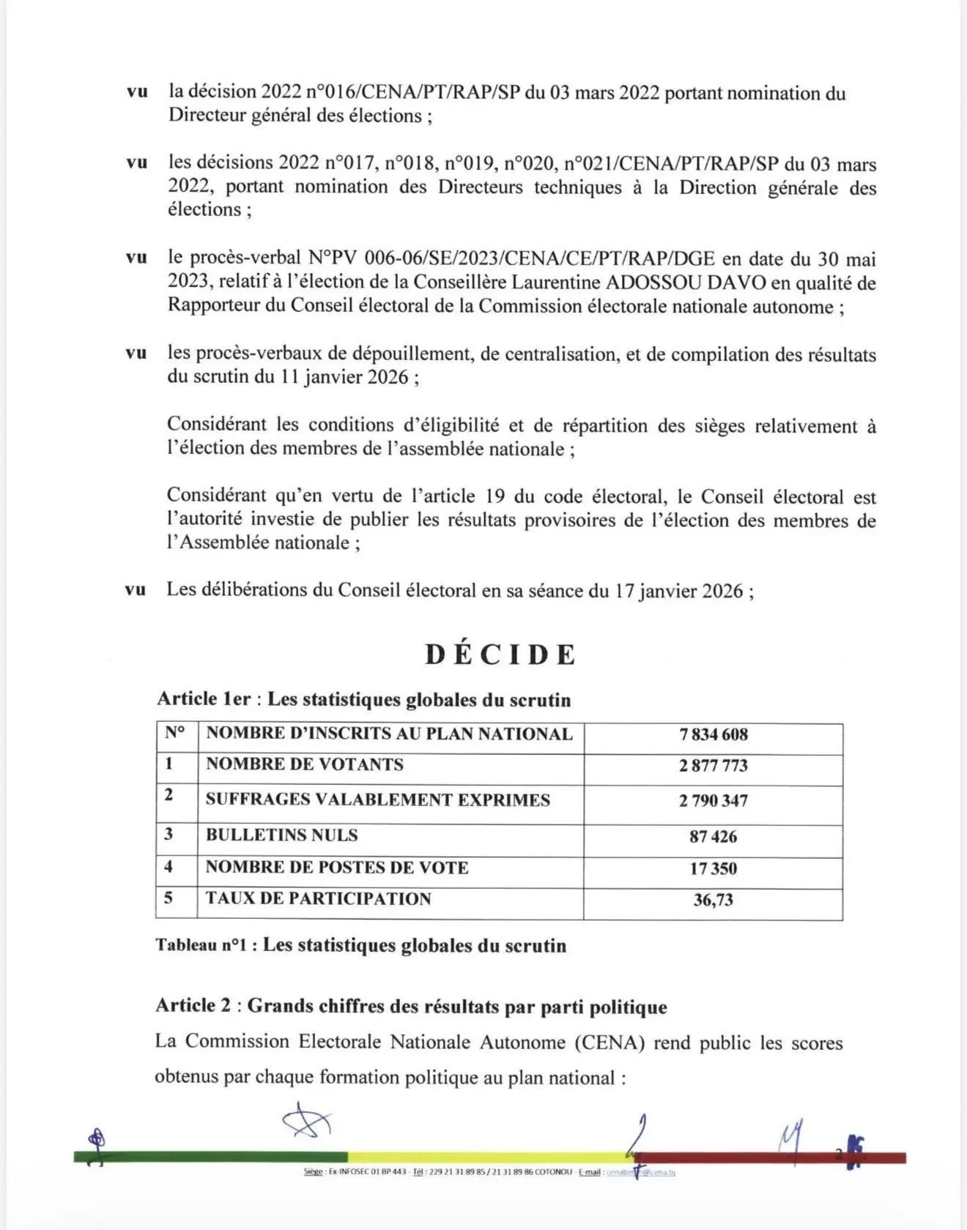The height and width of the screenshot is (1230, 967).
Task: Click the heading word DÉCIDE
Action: (501, 655)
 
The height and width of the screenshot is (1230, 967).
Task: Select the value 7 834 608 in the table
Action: (713, 734)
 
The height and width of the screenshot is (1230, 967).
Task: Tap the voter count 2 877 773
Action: (713, 766)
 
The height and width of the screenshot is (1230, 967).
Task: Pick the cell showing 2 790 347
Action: (713, 800)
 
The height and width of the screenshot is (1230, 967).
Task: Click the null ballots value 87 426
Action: (713, 836)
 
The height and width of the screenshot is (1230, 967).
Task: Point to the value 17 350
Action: (713, 868)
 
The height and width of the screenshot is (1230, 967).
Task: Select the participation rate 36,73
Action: (713, 900)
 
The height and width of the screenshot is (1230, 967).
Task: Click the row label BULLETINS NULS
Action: (282, 835)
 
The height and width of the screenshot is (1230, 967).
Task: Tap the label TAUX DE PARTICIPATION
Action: (318, 899)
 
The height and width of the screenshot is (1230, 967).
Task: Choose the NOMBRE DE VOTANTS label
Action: (305, 765)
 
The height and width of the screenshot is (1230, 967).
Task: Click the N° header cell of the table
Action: (175, 733)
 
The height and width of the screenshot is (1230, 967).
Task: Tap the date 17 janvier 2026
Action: (678, 591)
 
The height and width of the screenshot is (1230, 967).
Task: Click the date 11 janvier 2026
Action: (344, 377)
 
